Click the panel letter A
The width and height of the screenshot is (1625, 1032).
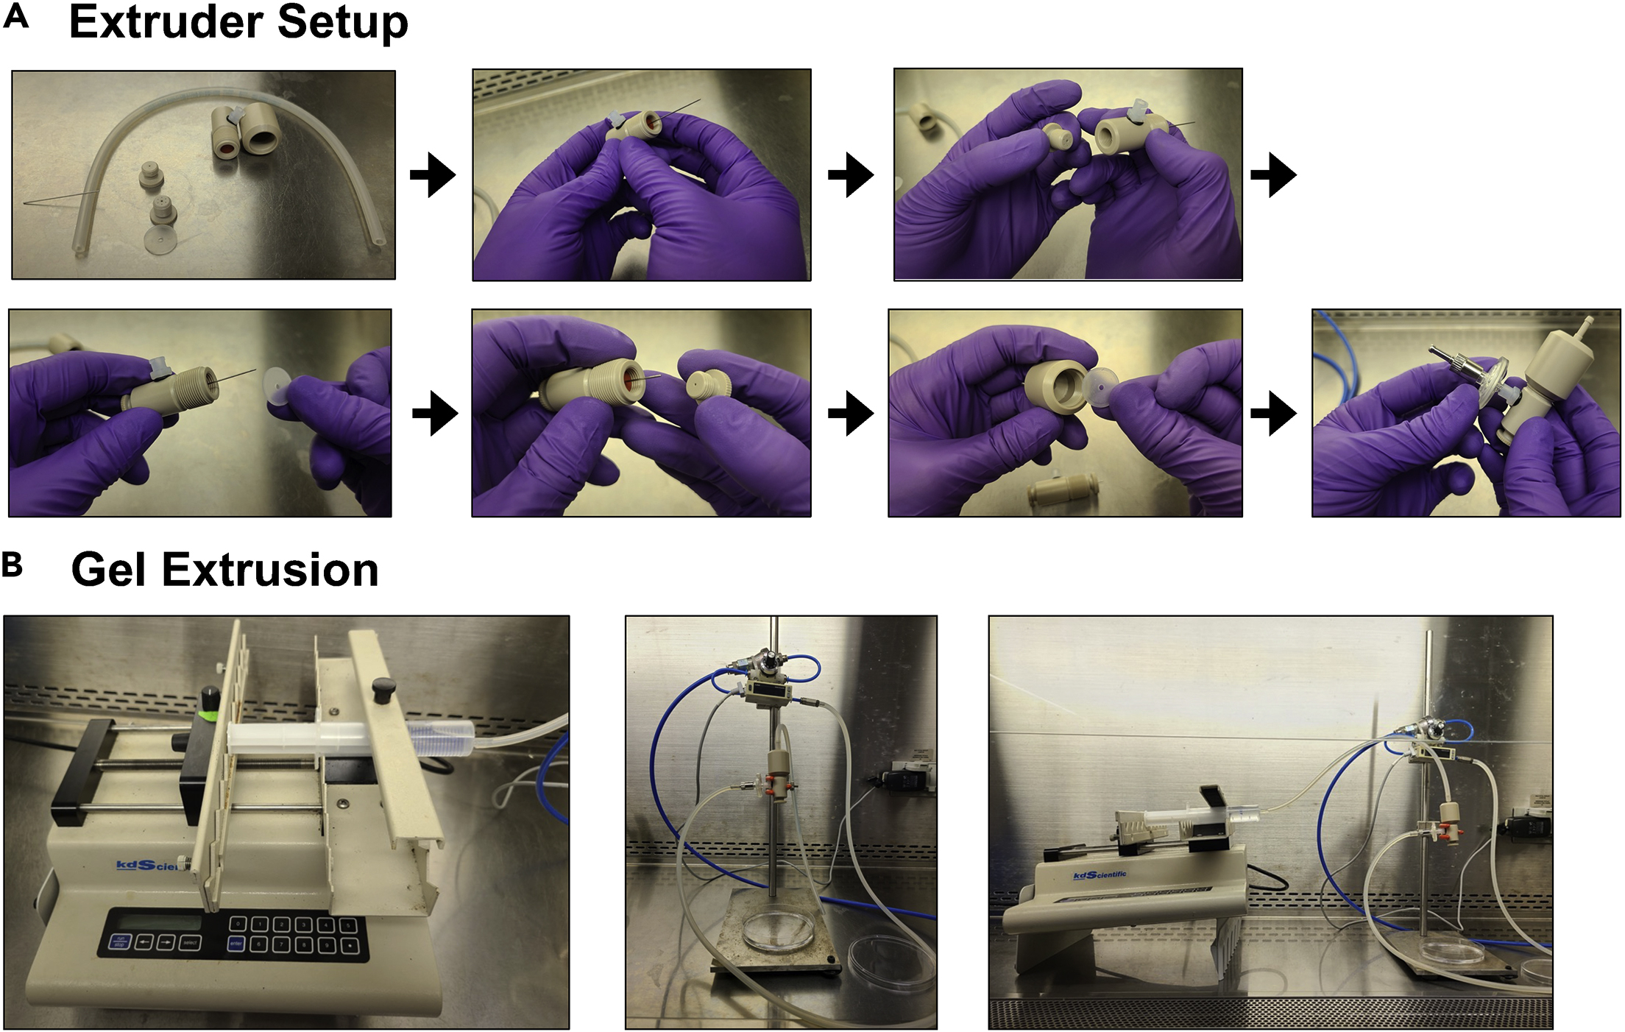pyautogui.click(x=16, y=16)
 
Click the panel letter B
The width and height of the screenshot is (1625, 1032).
pyautogui.click(x=13, y=565)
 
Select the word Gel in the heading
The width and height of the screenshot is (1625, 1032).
pyautogui.click(x=111, y=570)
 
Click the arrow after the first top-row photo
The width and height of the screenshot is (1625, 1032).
pyautogui.click(x=433, y=175)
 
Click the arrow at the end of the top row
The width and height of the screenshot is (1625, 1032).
pyautogui.click(x=1273, y=175)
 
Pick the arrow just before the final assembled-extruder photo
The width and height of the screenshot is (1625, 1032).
pyautogui.click(x=1273, y=413)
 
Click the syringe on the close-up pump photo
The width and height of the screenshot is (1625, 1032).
pyautogui.click(x=346, y=738)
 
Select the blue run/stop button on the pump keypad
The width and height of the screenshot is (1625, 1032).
pyautogui.click(x=120, y=941)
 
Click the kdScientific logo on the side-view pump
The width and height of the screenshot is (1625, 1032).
pyautogui.click(x=1100, y=874)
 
